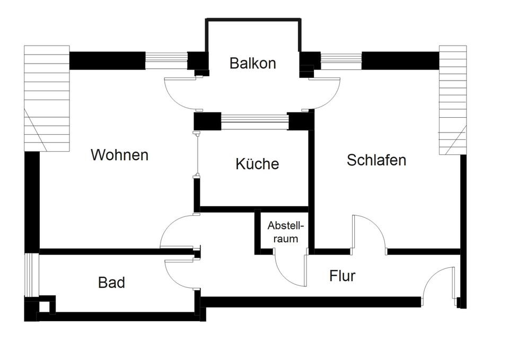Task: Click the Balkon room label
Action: pyautogui.click(x=252, y=63)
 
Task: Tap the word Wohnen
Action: pyautogui.click(x=119, y=155)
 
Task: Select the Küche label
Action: pyautogui.click(x=257, y=164)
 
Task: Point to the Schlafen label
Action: pyautogui.click(x=376, y=160)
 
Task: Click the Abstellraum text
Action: pyautogui.click(x=286, y=231)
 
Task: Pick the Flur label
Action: pyautogui.click(x=342, y=276)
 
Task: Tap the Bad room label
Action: pyautogui.click(x=112, y=283)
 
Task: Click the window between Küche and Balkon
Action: pyautogui.click(x=254, y=122)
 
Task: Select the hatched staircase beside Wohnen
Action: pyautogui.click(x=47, y=98)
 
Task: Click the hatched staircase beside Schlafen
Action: pyautogui.click(x=453, y=100)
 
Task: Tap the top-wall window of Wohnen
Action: pyautogui.click(x=166, y=60)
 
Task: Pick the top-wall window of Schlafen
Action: pyautogui.click(x=341, y=60)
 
